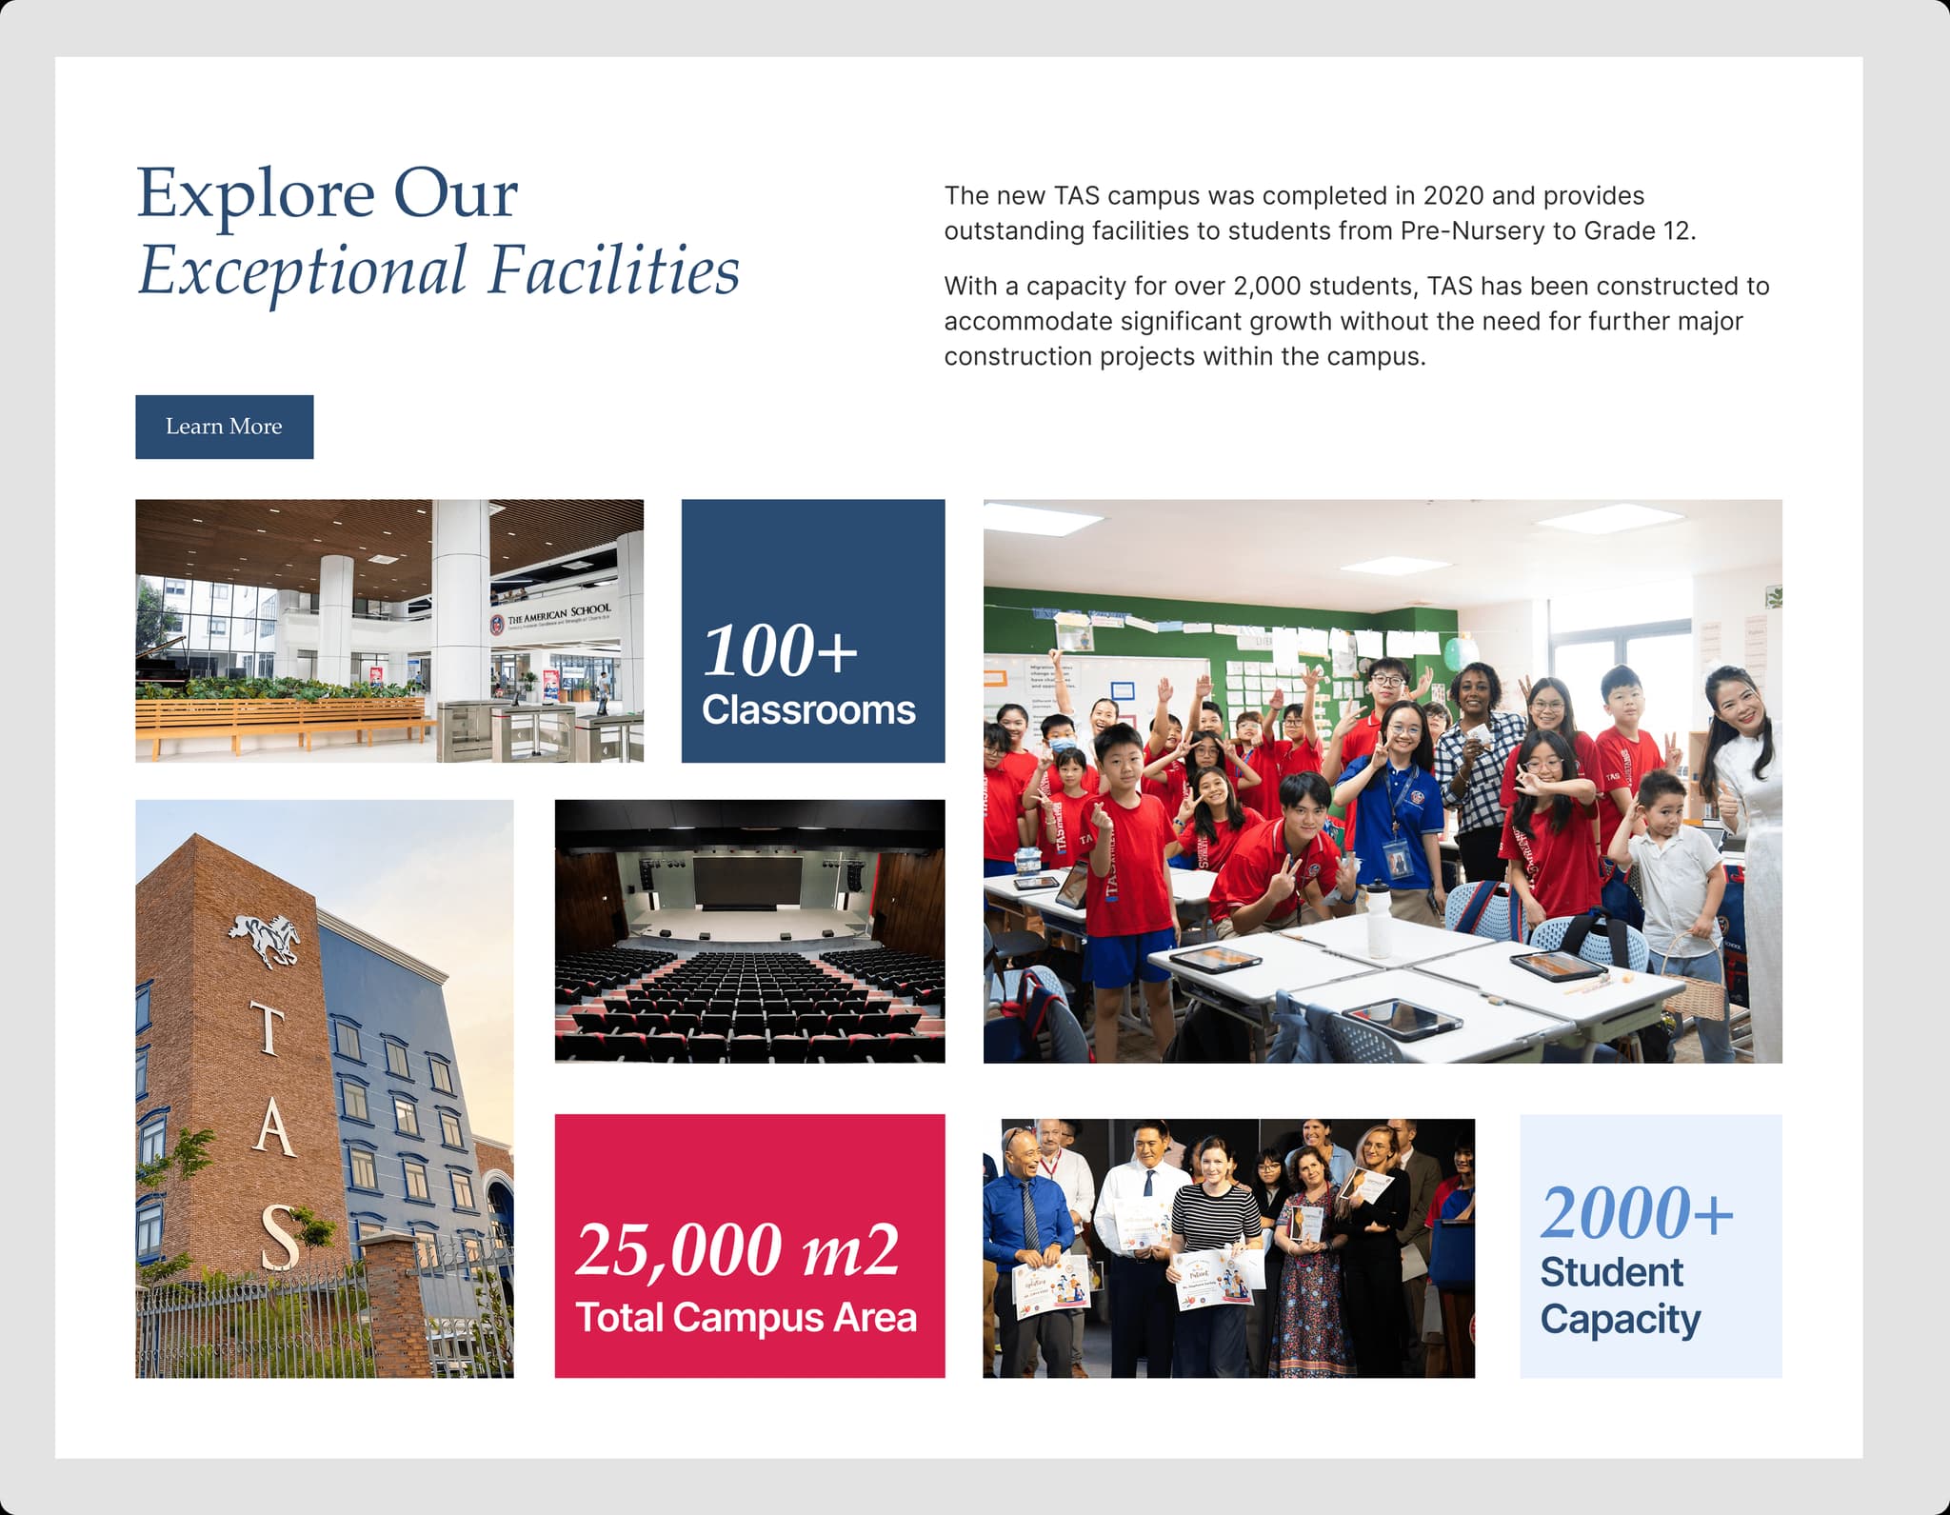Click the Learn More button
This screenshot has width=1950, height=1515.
click(x=224, y=427)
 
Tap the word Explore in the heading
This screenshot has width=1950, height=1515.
click(x=255, y=194)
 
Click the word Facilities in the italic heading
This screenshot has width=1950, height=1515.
click(x=613, y=271)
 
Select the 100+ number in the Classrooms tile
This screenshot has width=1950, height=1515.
click(x=780, y=651)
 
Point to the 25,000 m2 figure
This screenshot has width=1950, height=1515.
click(x=737, y=1250)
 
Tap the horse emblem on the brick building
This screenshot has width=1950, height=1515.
click(x=265, y=939)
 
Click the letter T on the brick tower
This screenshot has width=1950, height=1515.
click(x=268, y=1030)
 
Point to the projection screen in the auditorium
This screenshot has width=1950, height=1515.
click(x=748, y=882)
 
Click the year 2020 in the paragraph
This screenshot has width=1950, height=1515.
click(x=1453, y=196)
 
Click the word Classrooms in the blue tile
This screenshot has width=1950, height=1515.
click(x=808, y=710)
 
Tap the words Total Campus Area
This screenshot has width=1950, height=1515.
click(x=746, y=1318)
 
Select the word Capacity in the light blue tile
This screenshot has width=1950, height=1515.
click(x=1620, y=1320)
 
